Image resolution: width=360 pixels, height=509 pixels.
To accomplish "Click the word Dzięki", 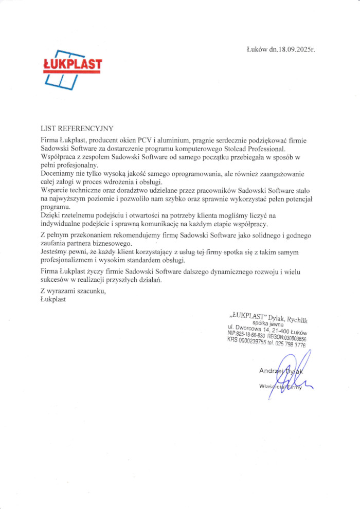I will pyautogui.click(x=51, y=215).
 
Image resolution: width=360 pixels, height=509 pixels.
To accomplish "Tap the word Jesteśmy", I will pyautogui.click(x=55, y=251).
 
